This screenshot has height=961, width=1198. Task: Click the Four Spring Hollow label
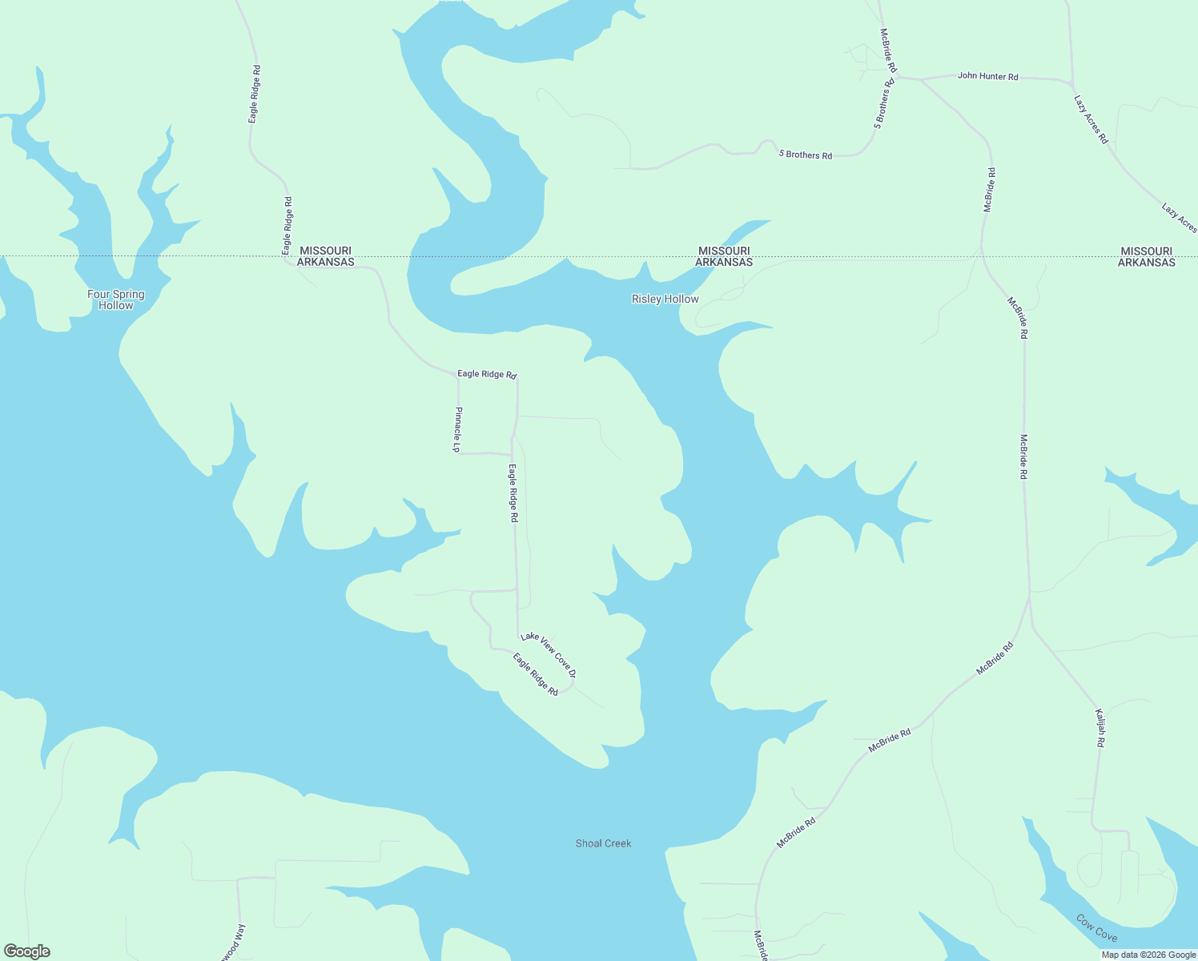116,300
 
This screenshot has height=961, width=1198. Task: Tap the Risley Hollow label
665,299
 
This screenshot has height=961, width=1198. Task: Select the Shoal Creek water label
603,843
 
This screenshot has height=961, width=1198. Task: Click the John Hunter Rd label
987,76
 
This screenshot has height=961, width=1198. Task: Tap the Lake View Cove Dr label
549,654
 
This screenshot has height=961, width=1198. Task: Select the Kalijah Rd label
1101,728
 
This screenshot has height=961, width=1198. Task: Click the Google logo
26,951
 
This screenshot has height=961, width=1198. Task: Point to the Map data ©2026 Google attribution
1148,955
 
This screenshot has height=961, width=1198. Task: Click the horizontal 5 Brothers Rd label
805,155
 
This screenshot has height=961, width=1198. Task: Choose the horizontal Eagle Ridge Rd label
487,374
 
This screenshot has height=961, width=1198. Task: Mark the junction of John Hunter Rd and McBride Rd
898,78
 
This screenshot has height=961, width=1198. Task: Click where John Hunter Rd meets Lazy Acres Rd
1071,82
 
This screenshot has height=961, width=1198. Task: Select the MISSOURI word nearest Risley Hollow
724,251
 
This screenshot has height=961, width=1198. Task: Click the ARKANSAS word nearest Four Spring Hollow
325,262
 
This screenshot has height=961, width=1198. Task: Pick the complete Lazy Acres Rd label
1091,119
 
